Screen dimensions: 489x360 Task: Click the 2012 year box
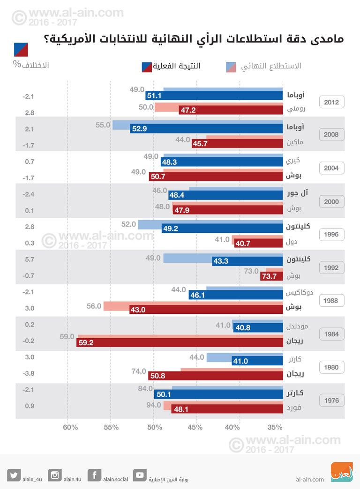click(x=331, y=102)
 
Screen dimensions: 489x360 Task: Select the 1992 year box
click(x=331, y=268)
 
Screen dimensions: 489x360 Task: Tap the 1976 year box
click(x=331, y=400)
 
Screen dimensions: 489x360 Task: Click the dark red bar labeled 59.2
click(x=180, y=343)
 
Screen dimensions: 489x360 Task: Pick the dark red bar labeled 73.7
click(x=271, y=276)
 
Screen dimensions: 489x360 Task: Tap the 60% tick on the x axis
click(x=70, y=427)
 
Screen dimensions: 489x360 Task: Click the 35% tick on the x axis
click(x=276, y=427)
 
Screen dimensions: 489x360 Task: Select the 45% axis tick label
click(x=195, y=427)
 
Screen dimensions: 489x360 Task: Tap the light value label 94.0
click(x=153, y=405)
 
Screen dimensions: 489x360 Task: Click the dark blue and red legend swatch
click(x=147, y=66)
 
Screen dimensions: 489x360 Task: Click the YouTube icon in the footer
click(x=140, y=475)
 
